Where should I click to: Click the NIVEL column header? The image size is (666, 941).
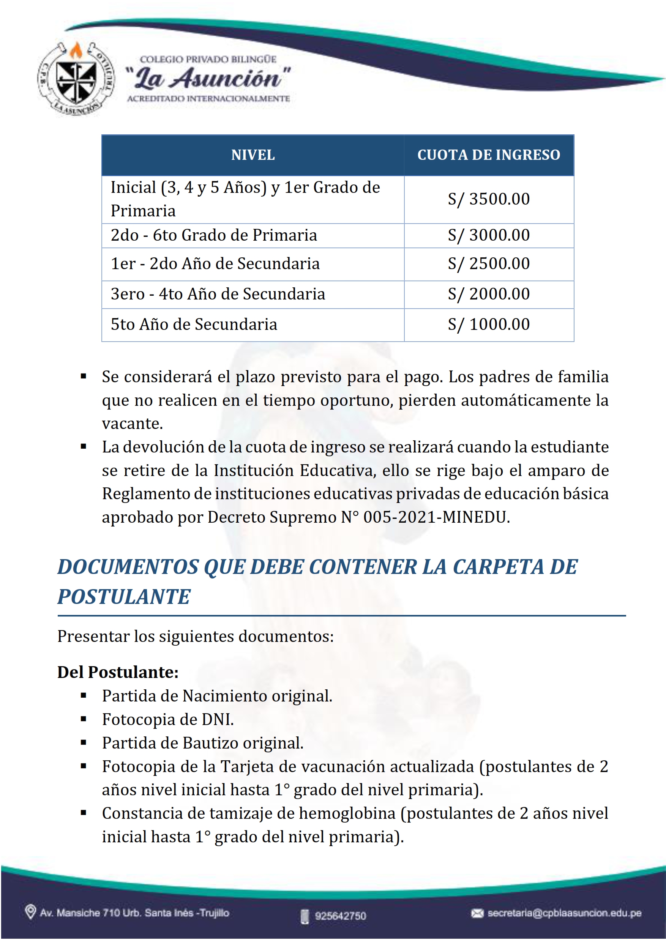253,155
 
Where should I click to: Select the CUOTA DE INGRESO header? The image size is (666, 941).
488,155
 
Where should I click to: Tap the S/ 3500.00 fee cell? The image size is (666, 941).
488,199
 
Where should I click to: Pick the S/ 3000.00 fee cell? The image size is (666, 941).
488,235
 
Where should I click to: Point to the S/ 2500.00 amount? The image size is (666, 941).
488,264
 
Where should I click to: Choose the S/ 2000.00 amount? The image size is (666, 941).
488,294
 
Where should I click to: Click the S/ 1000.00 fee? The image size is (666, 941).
488,324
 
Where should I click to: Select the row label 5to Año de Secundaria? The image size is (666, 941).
194,324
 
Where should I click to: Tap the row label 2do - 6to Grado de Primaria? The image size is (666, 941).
214,235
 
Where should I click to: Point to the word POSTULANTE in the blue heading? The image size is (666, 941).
124,597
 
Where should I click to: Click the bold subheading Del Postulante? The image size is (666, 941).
118,672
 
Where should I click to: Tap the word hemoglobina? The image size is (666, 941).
347,813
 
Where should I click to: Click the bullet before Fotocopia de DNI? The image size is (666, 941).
84,719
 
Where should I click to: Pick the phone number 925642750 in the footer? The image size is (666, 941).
340,916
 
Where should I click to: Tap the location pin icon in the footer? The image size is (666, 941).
30,912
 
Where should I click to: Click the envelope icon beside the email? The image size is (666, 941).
477,913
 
